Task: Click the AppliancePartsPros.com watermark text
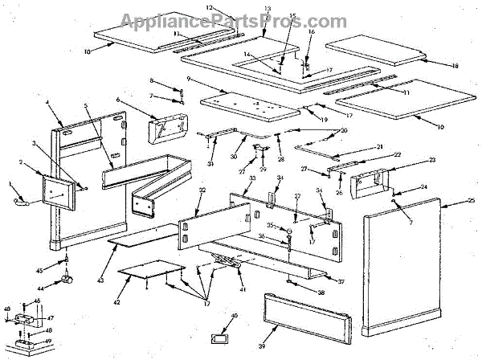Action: [233, 20]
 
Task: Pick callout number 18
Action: [454, 65]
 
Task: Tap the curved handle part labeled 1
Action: [22, 202]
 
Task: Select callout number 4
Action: [48, 104]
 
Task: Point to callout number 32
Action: [202, 190]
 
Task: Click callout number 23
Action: [431, 161]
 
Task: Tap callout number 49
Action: [48, 341]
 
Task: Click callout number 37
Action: [341, 281]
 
